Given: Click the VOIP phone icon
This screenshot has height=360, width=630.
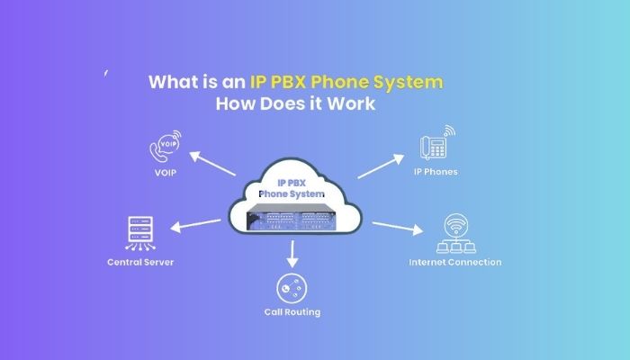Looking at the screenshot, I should coord(165,146).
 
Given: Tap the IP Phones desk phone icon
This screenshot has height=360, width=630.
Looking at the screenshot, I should coord(436,145).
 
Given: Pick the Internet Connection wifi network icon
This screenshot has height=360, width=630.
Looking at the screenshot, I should coord(454,234).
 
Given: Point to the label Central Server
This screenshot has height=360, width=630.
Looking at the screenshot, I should coord(139,263).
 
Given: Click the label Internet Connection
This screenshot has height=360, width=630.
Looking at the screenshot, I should coord(454,263).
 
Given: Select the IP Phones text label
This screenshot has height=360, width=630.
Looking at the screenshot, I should coord(436,172).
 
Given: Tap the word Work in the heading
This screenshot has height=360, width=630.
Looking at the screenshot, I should coord(353,104).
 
